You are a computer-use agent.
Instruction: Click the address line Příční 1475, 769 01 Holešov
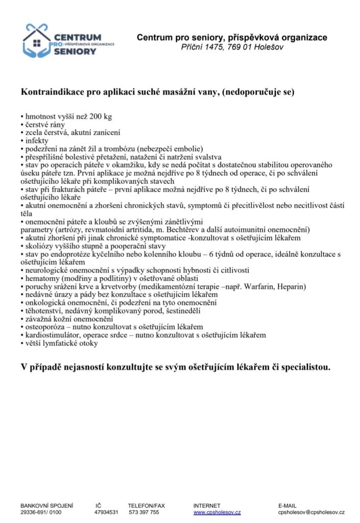(231, 47)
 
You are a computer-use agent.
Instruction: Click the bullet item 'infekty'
(37, 140)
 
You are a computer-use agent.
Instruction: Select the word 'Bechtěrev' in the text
(187, 230)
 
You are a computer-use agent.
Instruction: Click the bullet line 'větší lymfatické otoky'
(61, 343)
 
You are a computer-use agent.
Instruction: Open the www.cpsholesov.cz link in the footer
(217, 512)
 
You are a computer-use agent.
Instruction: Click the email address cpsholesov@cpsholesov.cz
(311, 512)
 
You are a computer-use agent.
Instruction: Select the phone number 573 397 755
(144, 512)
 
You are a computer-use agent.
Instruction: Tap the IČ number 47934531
(106, 512)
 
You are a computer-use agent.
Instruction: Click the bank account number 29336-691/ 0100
(41, 512)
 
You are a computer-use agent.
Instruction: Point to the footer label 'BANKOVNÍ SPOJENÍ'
(46, 505)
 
